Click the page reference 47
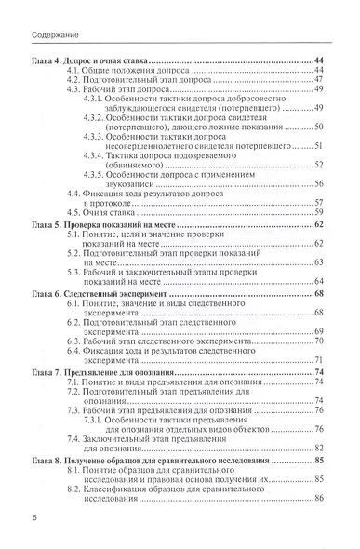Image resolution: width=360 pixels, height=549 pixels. (317, 79)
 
